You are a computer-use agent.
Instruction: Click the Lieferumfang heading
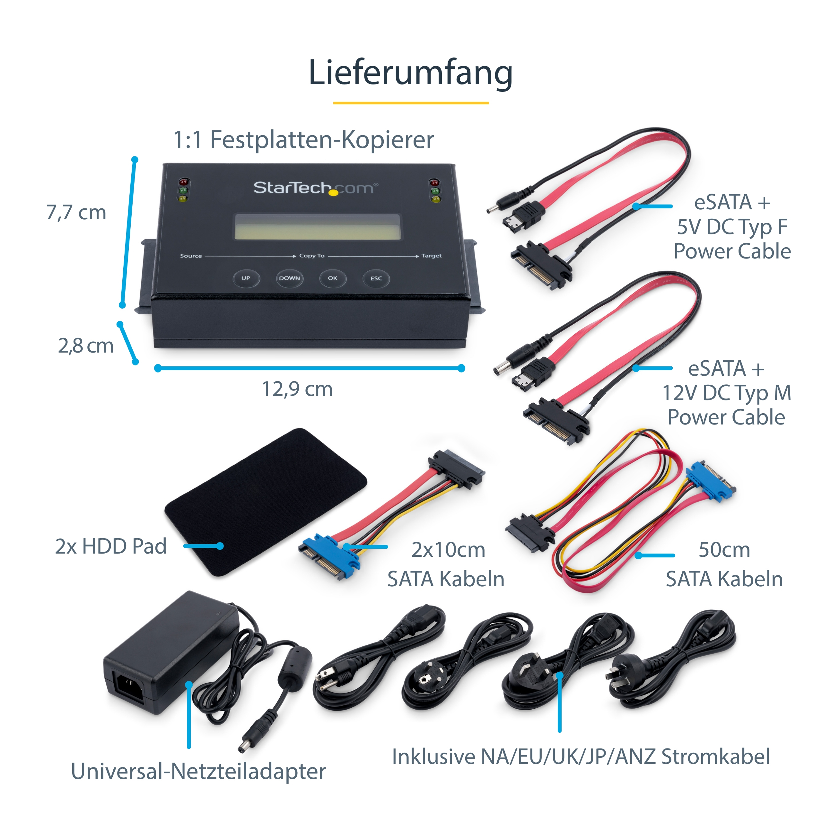click(411, 73)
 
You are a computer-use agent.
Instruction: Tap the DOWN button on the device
click(289, 278)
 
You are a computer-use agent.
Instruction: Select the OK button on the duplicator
click(333, 278)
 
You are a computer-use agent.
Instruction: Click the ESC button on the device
click(376, 279)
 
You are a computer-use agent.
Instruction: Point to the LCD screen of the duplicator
click(317, 227)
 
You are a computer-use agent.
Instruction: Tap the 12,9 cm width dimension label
click(297, 389)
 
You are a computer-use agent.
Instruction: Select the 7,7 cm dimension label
click(76, 212)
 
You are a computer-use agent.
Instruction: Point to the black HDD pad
click(266, 502)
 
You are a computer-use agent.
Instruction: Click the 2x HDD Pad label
click(111, 546)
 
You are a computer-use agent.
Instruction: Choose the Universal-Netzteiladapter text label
click(198, 771)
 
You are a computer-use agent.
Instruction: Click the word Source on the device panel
click(191, 256)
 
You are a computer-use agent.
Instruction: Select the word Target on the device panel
click(432, 256)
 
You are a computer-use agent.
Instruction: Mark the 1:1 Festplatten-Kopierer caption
click(303, 140)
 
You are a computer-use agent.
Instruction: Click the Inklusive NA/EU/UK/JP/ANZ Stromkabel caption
click(581, 756)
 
